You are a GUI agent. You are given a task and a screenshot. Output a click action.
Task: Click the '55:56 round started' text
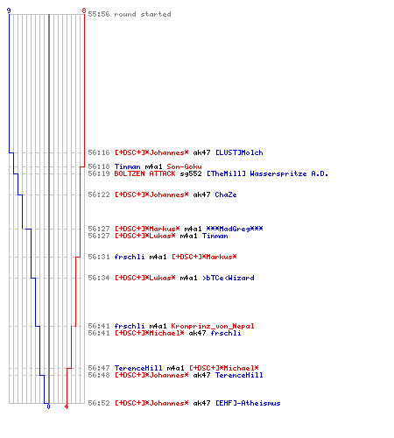[130, 14]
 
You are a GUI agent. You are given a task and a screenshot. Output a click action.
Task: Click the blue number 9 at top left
[9, 11]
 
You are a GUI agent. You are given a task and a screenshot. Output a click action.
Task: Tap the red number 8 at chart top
[84, 11]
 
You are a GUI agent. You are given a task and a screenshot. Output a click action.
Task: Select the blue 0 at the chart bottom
[48, 406]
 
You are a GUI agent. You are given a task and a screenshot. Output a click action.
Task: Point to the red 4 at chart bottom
[67, 406]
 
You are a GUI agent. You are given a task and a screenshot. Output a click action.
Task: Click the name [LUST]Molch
[239, 152]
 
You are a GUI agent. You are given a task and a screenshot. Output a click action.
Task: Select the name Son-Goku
[184, 166]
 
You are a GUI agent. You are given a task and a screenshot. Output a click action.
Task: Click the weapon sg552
[191, 173]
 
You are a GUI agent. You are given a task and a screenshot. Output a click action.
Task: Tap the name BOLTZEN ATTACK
[144, 173]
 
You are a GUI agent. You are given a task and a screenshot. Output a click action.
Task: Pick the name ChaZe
[226, 194]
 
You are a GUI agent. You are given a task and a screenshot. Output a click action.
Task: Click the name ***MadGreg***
[235, 229]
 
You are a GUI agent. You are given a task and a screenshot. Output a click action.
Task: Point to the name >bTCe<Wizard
[228, 278]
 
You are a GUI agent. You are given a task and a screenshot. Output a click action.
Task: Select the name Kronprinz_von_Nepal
[213, 326]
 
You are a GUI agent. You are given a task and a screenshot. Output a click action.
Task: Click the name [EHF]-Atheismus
[248, 403]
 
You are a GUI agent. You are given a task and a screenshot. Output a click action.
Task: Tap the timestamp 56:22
[99, 194]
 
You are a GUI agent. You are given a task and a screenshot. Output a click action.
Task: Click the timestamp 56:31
[99, 257]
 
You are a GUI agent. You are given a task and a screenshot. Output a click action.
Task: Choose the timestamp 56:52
[99, 403]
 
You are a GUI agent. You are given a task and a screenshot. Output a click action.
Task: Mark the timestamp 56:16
[99, 152]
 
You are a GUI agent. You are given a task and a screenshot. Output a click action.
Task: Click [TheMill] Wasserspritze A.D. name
[267, 173]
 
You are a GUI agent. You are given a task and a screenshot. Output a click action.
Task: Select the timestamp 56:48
[99, 375]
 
